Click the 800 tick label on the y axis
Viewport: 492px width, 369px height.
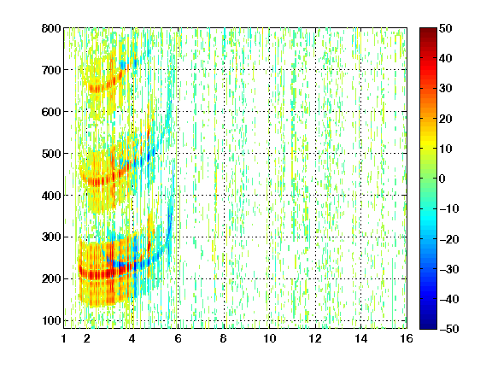point(51,28)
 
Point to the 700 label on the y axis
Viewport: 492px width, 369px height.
point(51,70)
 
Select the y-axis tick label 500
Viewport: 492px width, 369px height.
point(51,154)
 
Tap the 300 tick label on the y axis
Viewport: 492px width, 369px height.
point(51,237)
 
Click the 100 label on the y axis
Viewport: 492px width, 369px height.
point(51,320)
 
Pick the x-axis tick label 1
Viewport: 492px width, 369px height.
point(64,338)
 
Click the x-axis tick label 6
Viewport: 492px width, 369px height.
point(178,338)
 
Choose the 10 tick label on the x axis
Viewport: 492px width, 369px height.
point(269,338)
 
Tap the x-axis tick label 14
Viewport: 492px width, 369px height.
point(360,338)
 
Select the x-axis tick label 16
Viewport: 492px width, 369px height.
point(407,338)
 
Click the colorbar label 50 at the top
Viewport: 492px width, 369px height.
point(446,28)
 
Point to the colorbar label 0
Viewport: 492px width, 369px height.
point(442,179)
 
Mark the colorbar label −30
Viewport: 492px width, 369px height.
point(449,269)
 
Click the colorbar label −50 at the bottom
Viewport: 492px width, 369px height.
point(449,329)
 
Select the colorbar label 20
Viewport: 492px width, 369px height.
point(446,119)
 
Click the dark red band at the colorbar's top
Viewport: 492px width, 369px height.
point(428,34)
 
